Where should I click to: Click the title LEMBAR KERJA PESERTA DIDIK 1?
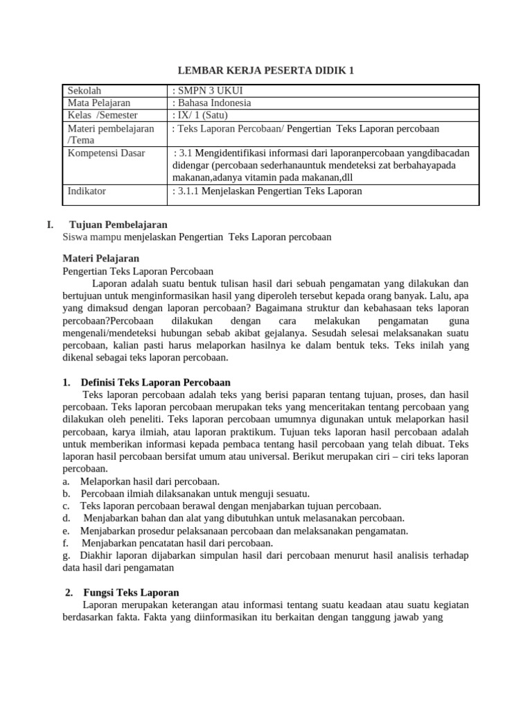pos(266,70)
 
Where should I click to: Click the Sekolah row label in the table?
pos(85,91)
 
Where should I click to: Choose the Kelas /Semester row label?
pos(102,115)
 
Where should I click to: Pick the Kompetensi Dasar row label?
pos(106,153)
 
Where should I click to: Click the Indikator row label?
pos(87,191)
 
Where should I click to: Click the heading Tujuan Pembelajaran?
pos(118,225)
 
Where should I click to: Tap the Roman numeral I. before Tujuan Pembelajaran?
pos(49,225)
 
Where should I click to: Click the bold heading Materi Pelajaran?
pos(100,259)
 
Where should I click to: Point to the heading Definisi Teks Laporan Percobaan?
pos(156,382)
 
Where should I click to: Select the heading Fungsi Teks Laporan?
pos(131,592)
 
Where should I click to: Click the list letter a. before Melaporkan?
pos(66,481)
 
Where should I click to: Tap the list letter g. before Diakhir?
pos(66,555)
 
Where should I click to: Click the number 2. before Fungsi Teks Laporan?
pos(69,592)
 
